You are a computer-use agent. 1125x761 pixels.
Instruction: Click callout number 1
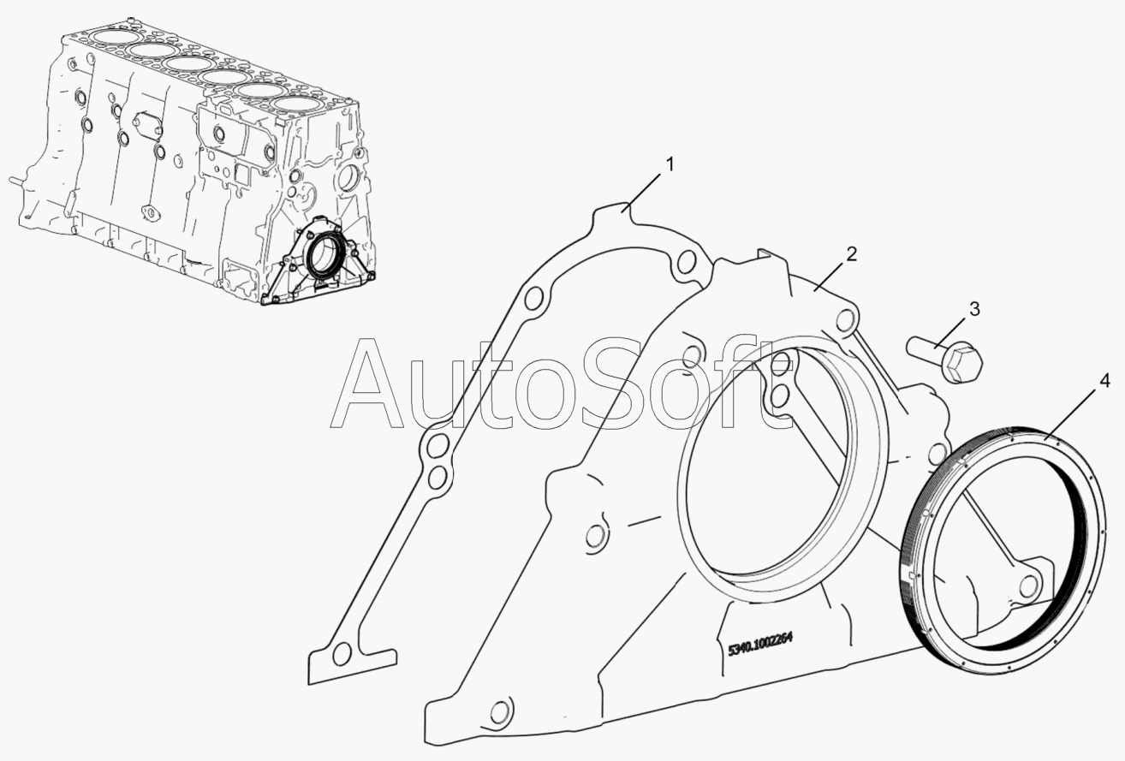point(669,164)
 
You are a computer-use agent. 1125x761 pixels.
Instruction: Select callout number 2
point(851,255)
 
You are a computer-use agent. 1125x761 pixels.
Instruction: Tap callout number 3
point(974,309)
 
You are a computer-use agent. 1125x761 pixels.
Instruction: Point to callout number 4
point(1104,382)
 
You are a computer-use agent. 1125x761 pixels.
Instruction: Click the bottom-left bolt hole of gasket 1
point(342,654)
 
